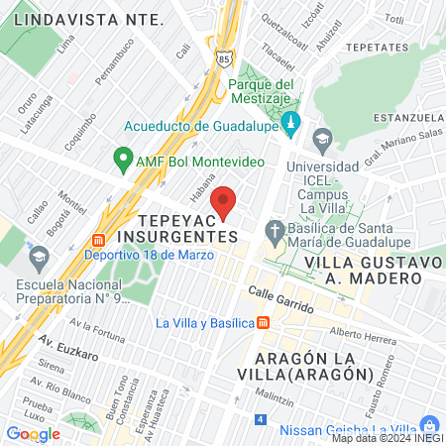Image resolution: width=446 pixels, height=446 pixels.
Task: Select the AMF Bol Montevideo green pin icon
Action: tap(124, 158)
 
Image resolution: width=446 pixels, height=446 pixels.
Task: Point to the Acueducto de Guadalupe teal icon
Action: tap(290, 125)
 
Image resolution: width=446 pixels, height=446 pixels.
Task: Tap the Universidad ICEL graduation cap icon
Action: tap(321, 139)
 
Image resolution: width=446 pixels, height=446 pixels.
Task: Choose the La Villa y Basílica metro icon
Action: tap(263, 322)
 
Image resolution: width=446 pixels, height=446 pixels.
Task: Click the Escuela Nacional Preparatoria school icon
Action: tap(39, 258)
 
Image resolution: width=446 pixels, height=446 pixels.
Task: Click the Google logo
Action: tap(33, 433)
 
